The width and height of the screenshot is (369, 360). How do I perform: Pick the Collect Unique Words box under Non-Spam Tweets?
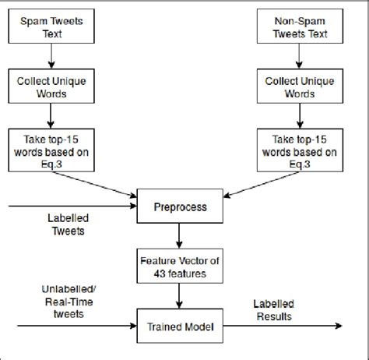point(300,86)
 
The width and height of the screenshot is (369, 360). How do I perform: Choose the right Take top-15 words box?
point(300,147)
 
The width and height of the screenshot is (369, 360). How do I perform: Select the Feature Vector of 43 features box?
point(181,265)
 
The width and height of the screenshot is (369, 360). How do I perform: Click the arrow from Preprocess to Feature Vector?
point(181,235)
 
